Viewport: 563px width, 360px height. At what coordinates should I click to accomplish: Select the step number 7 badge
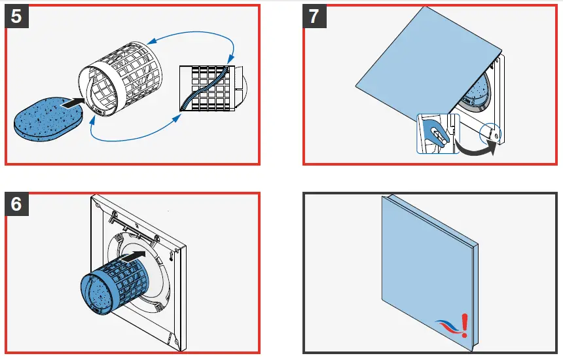(x=316, y=16)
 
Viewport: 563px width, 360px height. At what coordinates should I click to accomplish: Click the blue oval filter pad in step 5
(x=50, y=118)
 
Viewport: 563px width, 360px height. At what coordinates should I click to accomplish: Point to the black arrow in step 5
(x=74, y=102)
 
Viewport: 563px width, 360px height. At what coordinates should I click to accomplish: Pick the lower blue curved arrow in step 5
(x=131, y=138)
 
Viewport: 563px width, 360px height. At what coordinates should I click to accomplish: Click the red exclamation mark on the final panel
(x=464, y=324)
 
